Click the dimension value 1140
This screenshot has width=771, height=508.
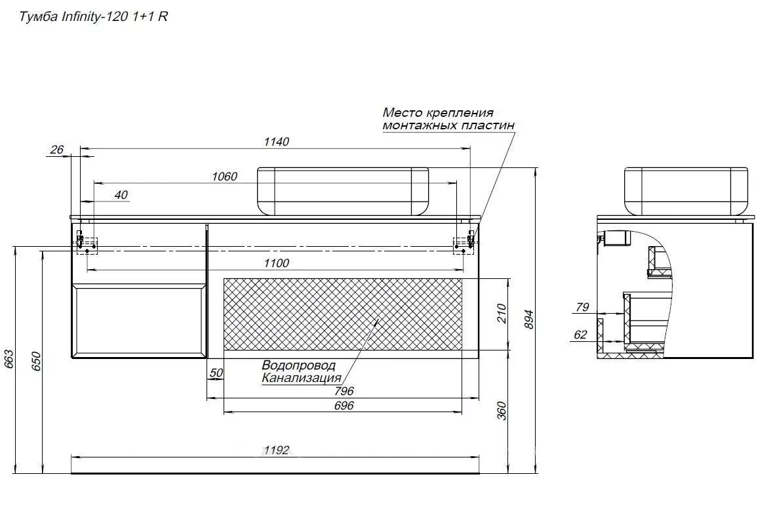277,142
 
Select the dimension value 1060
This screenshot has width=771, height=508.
224,176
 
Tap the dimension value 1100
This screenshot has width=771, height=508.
277,263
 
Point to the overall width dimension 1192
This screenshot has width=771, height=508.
277,450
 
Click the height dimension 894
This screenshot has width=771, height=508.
528,320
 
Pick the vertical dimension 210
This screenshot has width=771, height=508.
502,314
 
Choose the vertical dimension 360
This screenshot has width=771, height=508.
502,411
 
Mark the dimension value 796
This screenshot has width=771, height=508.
344,391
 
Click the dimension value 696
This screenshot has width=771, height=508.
344,406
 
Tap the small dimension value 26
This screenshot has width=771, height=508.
57,150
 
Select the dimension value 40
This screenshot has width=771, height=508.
121,195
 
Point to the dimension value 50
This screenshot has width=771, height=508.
216,373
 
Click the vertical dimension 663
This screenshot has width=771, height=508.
9,360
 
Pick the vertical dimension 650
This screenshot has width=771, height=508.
37,362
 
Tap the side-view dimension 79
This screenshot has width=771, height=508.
582,307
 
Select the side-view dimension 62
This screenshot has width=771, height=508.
580,335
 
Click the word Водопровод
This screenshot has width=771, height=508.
298,366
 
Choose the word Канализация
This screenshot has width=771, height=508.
302,378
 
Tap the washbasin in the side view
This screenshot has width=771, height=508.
686,191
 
